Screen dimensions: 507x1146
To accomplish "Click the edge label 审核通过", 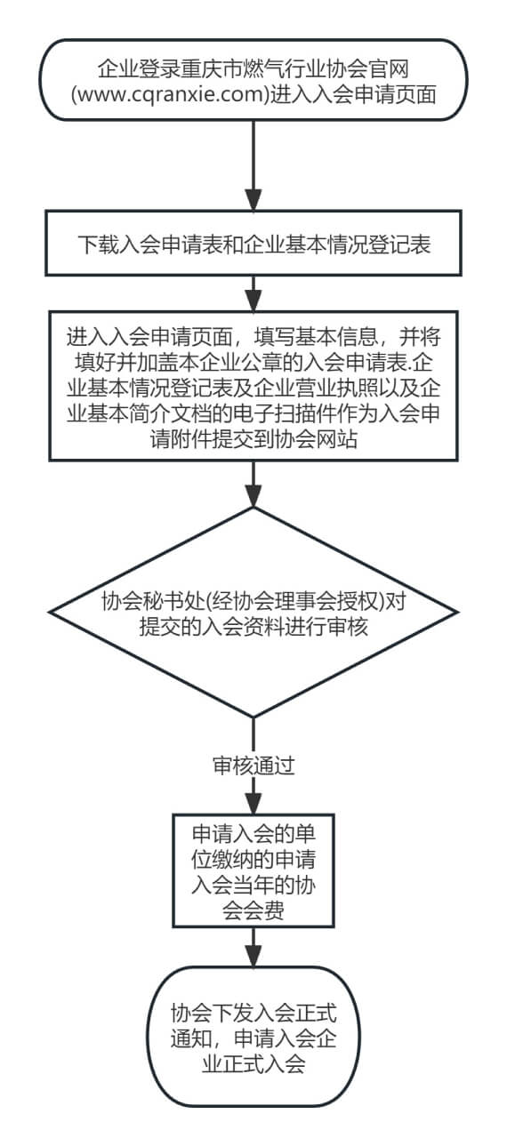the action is [253, 765].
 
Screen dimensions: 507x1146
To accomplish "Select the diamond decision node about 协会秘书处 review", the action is [253, 613].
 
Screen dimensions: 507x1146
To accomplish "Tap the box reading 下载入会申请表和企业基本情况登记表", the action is [253, 243].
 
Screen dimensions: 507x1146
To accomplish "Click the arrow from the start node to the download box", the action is [253, 165].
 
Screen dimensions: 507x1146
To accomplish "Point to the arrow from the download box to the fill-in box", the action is [253, 293].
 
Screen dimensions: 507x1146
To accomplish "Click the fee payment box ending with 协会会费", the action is [253, 870].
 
